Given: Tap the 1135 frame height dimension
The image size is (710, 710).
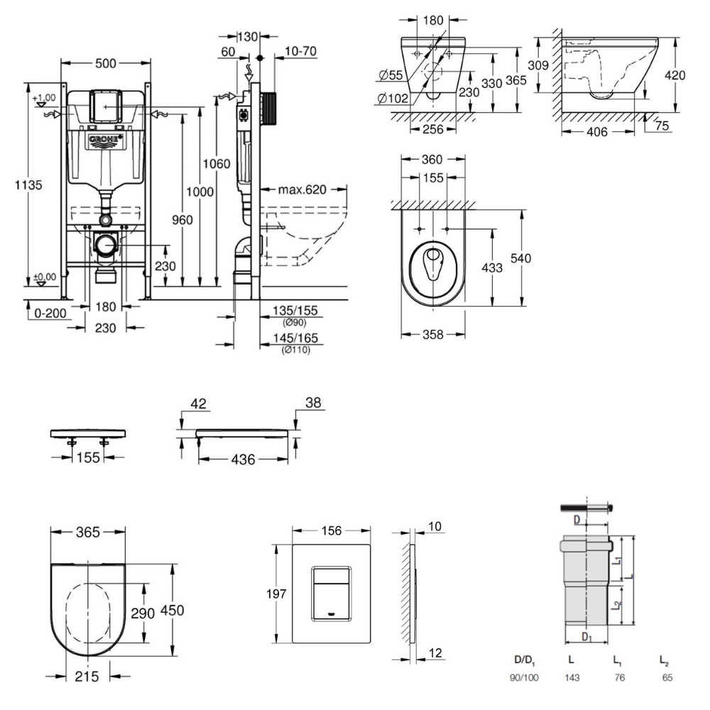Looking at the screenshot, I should coord(29,185).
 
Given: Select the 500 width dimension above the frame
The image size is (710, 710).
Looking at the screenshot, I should coord(105,63).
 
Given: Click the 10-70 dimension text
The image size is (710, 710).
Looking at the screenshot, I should coord(300,51).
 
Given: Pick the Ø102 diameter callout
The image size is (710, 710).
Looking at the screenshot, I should coord(393,99).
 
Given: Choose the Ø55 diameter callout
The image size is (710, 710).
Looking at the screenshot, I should coord(392,75).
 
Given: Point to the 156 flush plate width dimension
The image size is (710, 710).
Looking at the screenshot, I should coord(332,531).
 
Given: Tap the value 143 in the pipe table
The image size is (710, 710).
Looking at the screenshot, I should coord(572,677).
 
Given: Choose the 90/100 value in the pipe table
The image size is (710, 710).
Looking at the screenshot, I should coord(523,677).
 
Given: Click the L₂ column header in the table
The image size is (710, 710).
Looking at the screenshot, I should coord(663,660).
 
